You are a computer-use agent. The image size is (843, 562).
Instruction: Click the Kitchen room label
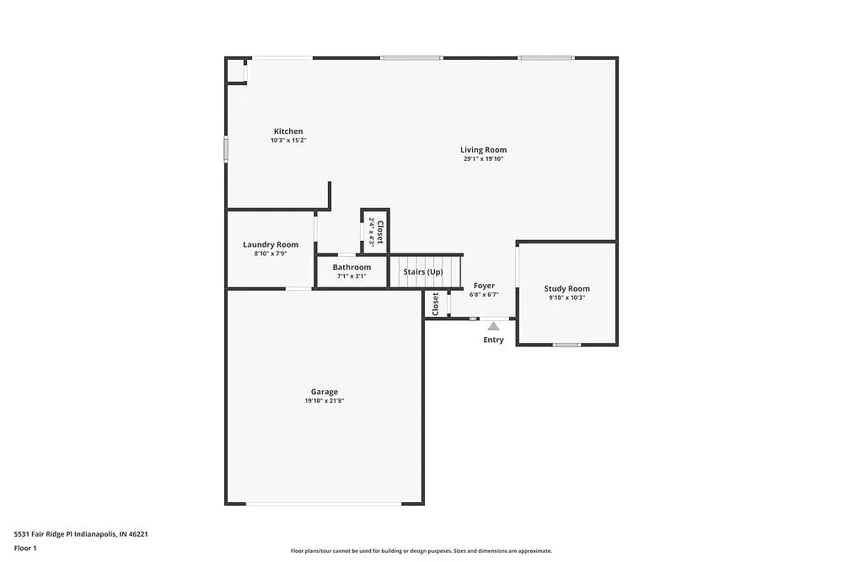tap(288, 131)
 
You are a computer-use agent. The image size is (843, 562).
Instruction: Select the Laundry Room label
tap(271, 244)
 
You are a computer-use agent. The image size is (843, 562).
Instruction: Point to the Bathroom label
tap(352, 267)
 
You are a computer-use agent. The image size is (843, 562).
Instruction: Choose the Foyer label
tap(484, 286)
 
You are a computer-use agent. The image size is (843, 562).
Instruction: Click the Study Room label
tap(566, 288)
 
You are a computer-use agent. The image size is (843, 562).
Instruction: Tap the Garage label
tap(325, 392)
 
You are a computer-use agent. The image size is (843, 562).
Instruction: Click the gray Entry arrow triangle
tap(493, 325)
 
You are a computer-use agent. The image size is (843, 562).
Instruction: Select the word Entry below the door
tap(493, 340)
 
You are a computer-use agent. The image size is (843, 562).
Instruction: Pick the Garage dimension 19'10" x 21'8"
tap(325, 401)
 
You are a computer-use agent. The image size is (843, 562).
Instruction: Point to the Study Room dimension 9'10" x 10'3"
tap(566, 297)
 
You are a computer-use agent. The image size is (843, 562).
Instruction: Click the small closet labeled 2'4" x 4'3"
tap(375, 230)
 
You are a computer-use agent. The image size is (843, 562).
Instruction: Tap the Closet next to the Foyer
tap(435, 304)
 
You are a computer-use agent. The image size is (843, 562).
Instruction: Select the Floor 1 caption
tap(25, 548)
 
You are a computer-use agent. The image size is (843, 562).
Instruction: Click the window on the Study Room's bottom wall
tap(566, 345)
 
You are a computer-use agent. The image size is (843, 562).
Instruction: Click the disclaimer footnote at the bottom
tap(421, 550)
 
